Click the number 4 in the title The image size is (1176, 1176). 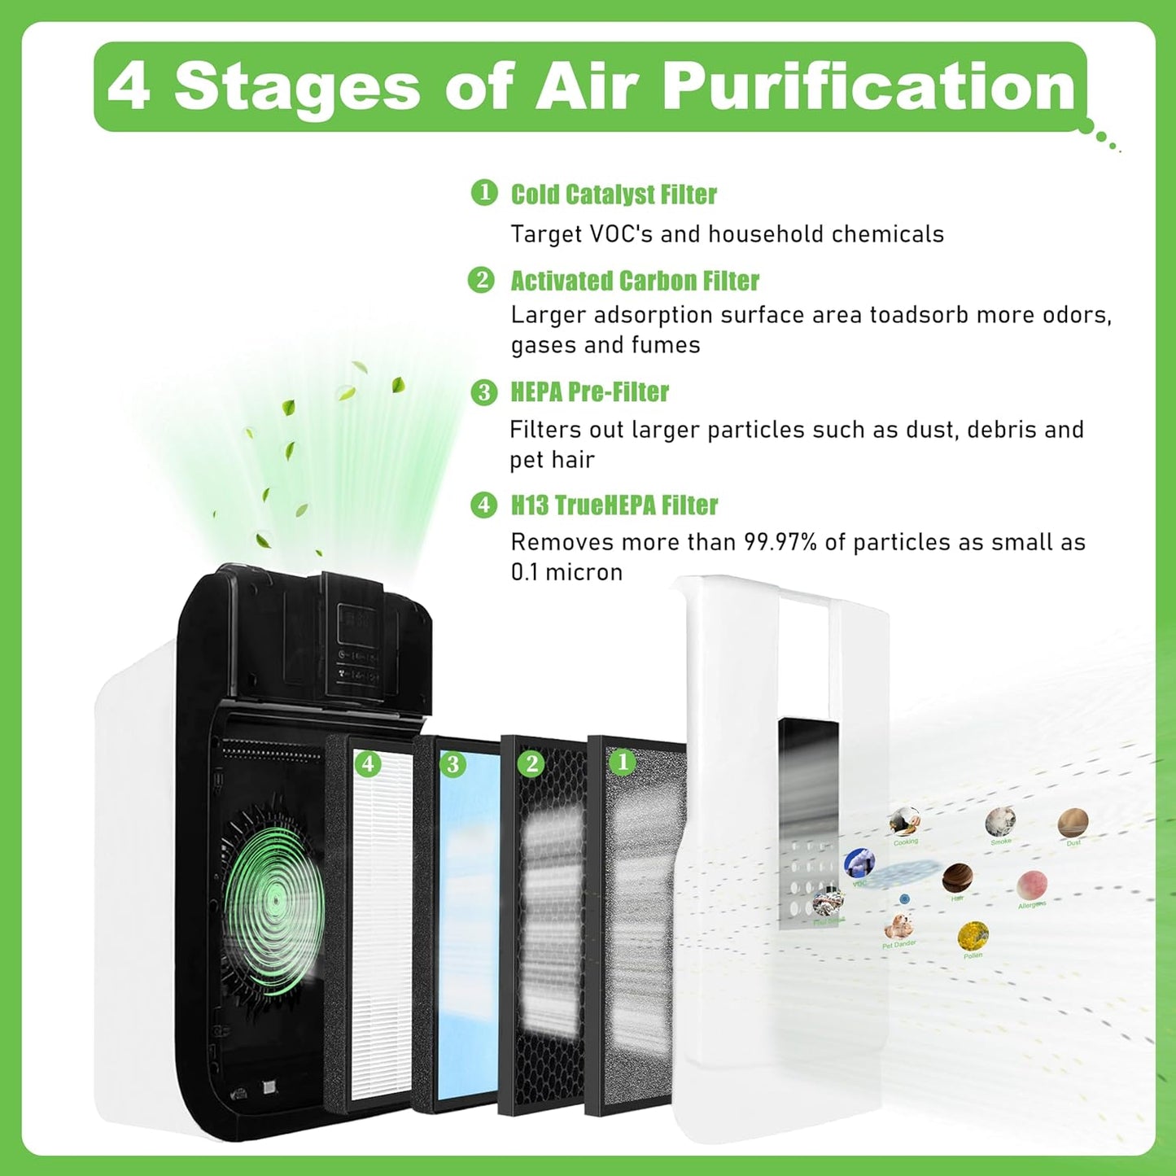coord(129,86)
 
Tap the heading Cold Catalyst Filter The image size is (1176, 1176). coord(614,195)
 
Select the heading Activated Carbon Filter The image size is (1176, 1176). coord(634,281)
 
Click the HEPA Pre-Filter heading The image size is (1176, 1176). coord(589,392)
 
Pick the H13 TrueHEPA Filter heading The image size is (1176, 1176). coord(614,505)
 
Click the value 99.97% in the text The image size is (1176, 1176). coord(780,543)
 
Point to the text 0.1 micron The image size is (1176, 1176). coord(566,572)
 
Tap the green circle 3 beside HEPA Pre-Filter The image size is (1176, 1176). coord(483,392)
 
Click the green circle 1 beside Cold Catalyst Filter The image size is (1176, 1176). coord(484,193)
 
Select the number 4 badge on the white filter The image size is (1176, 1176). coord(368,763)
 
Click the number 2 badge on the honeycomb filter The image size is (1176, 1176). coord(531,763)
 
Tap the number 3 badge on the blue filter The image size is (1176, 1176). coord(452,764)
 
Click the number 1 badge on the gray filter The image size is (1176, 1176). coord(623,762)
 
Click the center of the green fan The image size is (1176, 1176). coord(275,901)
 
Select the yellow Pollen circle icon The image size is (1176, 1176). coord(973,936)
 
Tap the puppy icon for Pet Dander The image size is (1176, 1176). coord(898,926)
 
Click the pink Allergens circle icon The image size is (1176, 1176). coord(1032,885)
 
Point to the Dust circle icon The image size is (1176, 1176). coord(1073,823)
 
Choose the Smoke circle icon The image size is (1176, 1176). coord(1000,821)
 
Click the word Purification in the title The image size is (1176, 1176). coord(870,86)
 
